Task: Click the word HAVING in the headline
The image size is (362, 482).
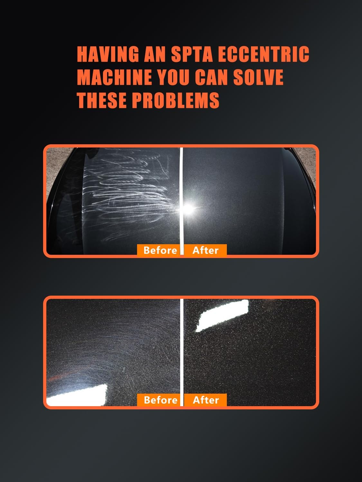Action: [x=108, y=54]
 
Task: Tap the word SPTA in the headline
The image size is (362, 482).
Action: [x=192, y=54]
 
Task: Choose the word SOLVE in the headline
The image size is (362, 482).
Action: [x=258, y=77]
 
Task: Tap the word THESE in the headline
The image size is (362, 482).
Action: [x=102, y=100]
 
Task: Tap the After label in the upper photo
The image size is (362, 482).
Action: [x=206, y=250]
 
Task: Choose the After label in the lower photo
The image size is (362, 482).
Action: [x=206, y=400]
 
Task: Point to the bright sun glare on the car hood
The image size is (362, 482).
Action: [x=188, y=209]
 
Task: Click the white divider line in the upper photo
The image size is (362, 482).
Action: [x=182, y=201]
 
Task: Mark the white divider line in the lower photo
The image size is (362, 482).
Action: [x=182, y=352]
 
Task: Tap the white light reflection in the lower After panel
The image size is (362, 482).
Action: [x=222, y=315]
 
